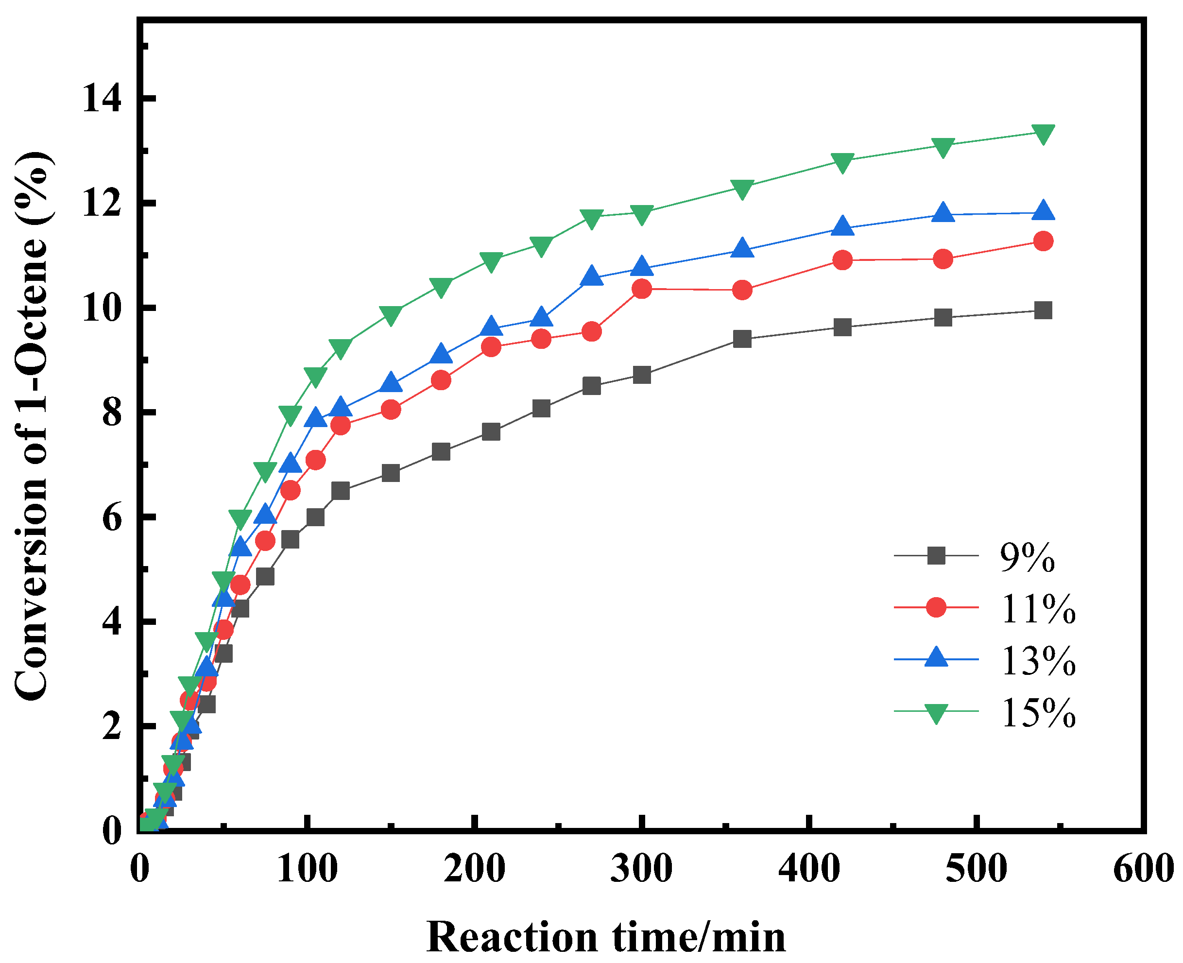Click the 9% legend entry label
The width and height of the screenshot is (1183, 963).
pyautogui.click(x=1027, y=557)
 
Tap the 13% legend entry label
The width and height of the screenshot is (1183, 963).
pyautogui.click(x=1038, y=661)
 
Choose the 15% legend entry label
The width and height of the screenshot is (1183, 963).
pyautogui.click(x=1038, y=712)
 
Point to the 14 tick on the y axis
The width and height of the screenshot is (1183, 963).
pyautogui.click(x=102, y=99)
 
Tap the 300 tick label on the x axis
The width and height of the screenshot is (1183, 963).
pyautogui.click(x=642, y=869)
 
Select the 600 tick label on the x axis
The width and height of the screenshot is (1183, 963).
pyautogui.click(x=1143, y=869)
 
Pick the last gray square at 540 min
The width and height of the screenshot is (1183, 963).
pyautogui.click(x=1043, y=310)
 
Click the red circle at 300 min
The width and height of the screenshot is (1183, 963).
pyautogui.click(x=642, y=289)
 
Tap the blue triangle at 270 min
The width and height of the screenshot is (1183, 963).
pyautogui.click(x=592, y=275)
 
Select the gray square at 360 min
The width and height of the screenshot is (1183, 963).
pyautogui.click(x=742, y=339)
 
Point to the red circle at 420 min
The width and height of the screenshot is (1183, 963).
pyautogui.click(x=842, y=260)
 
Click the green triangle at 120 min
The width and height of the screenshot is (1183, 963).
pyautogui.click(x=340, y=348)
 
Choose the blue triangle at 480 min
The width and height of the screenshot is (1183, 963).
pyautogui.click(x=943, y=212)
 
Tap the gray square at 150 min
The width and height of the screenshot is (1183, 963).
pyautogui.click(x=391, y=473)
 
